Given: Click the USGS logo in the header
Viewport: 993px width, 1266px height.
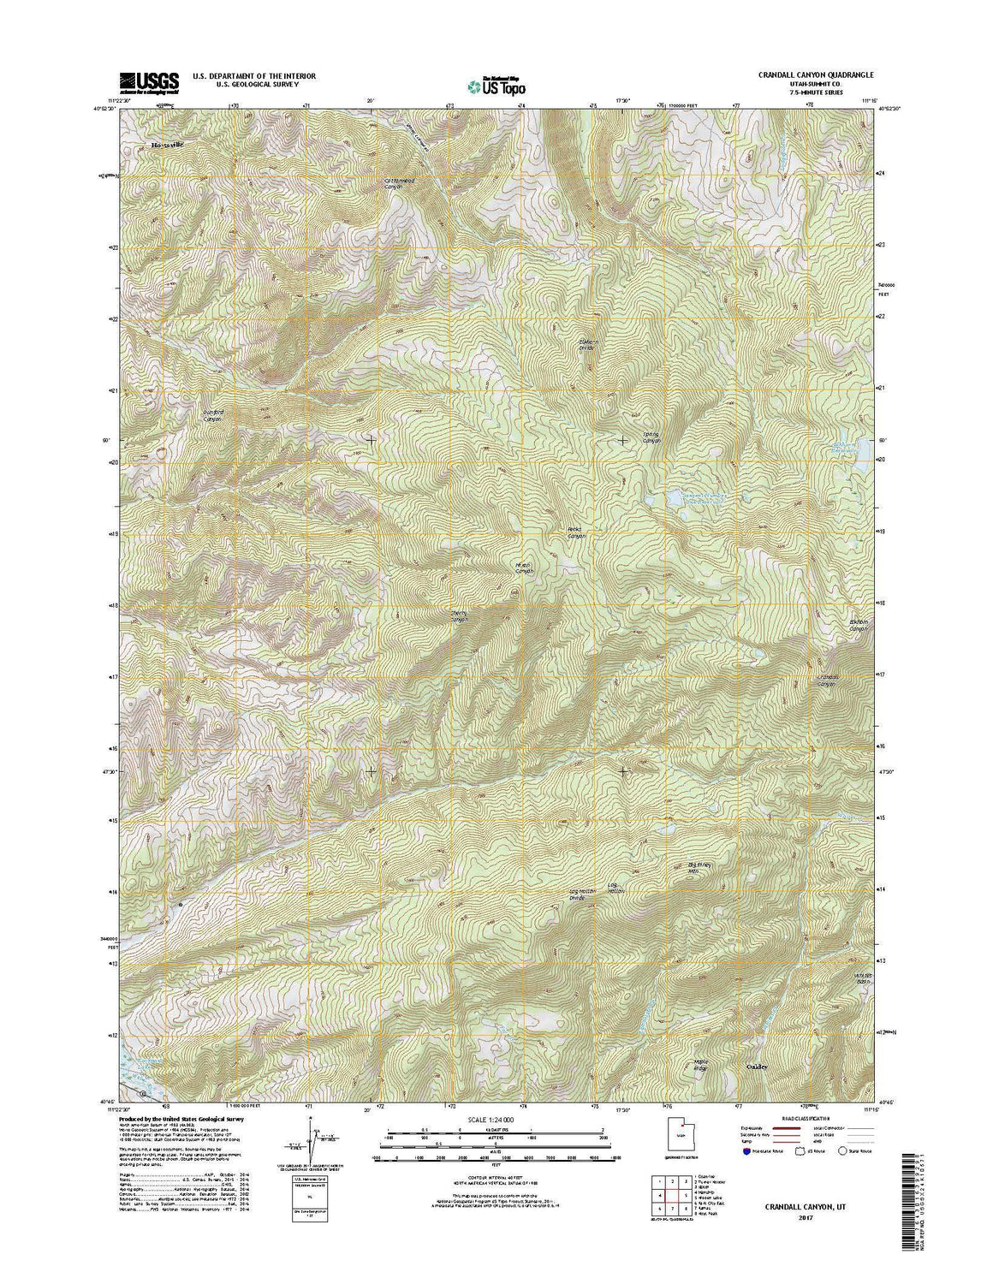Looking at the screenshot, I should (x=149, y=81).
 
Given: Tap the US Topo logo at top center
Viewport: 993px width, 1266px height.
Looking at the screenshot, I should (x=497, y=85).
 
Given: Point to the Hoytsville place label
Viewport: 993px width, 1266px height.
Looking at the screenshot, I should (x=168, y=145).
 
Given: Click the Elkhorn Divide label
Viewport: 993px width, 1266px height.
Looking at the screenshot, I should (x=586, y=344).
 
